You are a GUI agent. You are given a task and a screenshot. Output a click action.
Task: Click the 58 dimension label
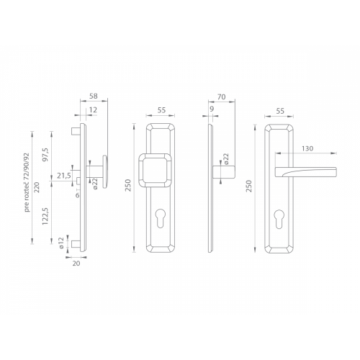coord(94,96)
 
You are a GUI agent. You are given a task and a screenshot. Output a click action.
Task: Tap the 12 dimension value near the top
coord(93,110)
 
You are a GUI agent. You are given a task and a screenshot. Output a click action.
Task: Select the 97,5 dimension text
coord(45,155)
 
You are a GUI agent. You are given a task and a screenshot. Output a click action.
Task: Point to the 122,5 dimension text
coord(45,216)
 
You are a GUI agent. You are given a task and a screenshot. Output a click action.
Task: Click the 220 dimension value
coord(37,187)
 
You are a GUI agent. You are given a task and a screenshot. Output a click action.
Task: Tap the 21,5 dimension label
coord(64,176)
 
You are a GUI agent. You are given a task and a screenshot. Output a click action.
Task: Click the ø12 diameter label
coord(61,243)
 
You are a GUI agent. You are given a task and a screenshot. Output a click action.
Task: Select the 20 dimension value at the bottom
coord(76,264)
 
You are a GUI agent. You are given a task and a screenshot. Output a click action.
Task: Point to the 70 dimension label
coord(221,96)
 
